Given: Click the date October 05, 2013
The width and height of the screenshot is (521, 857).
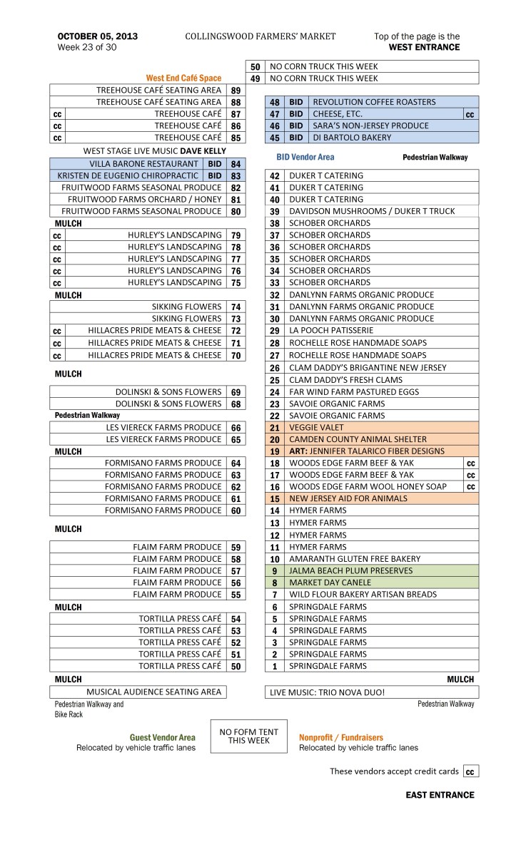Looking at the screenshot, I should point(98,36).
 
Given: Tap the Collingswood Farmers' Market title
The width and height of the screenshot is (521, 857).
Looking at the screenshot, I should point(260,36).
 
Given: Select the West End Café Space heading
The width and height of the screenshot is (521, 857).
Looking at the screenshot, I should point(183,78).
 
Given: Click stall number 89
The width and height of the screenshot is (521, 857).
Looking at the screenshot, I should point(236,91).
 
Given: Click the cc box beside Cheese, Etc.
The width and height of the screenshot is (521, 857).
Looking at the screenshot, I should point(470,114).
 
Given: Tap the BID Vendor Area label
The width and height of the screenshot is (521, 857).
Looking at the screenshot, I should point(305,156).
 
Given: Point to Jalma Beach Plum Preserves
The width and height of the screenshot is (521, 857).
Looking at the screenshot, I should point(350,570).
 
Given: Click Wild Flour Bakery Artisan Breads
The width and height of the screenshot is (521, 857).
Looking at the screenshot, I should point(363,595).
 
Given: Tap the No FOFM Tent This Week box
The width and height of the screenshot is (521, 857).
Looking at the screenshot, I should point(248,737).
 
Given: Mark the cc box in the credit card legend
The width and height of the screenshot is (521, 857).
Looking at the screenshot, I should point(470,771).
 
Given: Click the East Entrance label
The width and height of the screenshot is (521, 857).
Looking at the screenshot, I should point(440,795).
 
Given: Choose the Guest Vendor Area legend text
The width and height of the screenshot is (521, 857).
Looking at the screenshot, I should point(162,737).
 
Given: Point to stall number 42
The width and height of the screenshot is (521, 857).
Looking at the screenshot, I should point(274,175).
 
